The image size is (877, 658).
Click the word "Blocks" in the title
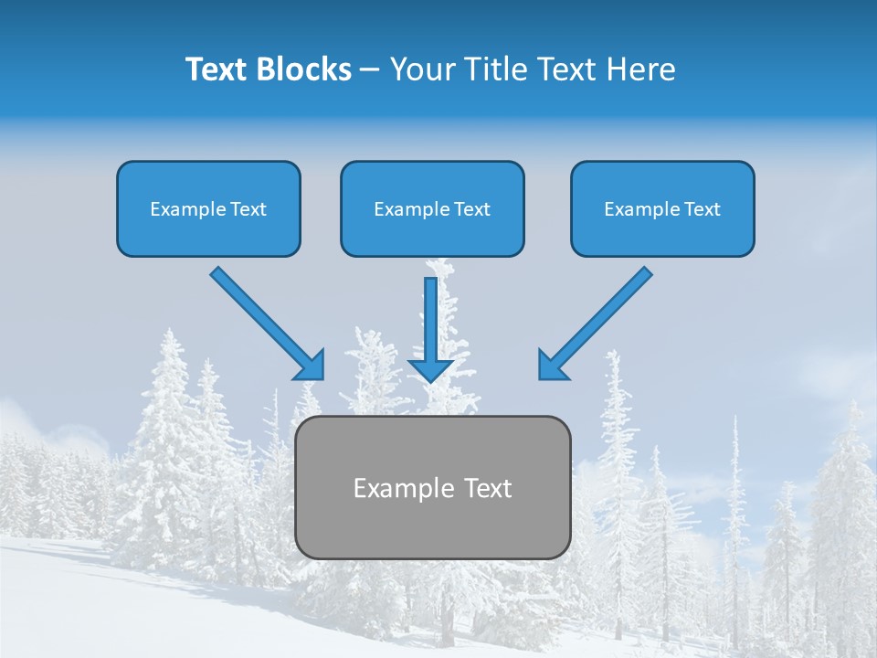pyautogui.click(x=304, y=69)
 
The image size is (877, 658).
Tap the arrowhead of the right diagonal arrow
pyautogui.click(x=552, y=366)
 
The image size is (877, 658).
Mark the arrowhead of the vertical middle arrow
pyautogui.click(x=431, y=368)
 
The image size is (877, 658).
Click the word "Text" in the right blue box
pyautogui.click(x=703, y=209)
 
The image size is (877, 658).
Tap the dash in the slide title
pyautogui.click(x=370, y=70)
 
